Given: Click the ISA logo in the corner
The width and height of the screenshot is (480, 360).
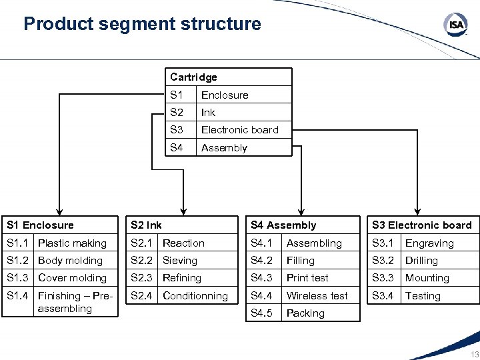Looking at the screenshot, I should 456,25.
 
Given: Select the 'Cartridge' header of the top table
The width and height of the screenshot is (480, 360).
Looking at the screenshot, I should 193,77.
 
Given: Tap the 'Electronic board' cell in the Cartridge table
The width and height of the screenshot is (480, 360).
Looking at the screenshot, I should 239,130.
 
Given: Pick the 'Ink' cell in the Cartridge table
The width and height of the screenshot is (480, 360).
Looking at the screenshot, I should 208,113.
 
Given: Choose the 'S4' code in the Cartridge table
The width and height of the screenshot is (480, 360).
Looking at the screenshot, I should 176,148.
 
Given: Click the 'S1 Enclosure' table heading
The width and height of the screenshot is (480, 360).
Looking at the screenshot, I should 39,225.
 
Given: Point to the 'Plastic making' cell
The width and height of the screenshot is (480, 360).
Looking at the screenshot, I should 72,243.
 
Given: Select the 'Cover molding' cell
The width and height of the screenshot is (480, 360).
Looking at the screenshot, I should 72,278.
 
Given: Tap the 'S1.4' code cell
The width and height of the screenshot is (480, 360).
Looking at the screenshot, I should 18,296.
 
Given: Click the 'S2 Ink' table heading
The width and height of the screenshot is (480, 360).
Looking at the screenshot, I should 146,225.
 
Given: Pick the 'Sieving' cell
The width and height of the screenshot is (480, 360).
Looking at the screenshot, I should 180,261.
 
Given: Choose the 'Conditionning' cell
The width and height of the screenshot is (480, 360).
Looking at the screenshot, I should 195,296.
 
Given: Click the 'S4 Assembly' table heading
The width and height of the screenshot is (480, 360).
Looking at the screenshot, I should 283,225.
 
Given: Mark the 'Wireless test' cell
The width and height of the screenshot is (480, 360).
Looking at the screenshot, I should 317,296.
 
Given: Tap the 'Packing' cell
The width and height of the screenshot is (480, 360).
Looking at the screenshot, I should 305,313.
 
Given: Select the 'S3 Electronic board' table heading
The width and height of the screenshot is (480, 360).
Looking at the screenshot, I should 421,225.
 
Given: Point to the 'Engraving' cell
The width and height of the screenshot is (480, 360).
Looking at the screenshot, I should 429,243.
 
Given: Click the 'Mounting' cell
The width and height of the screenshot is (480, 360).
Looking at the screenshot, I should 427,278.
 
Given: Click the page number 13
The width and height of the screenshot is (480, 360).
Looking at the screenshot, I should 474,354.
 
